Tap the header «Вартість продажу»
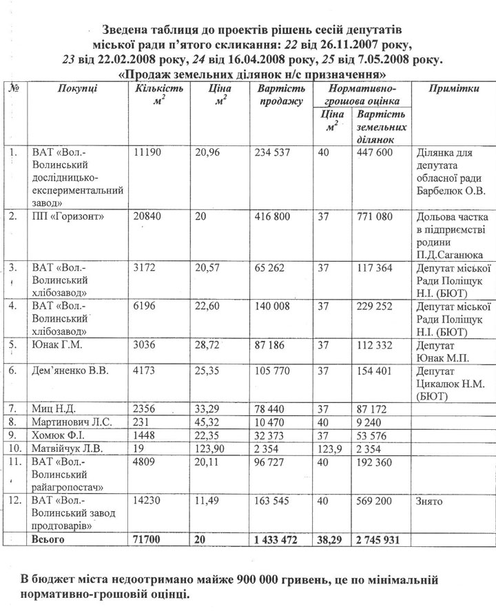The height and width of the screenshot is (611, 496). (280, 96)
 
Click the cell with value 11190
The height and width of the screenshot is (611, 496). (148, 152)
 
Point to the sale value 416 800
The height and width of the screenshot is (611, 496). (273, 216)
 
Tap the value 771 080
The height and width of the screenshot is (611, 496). (375, 216)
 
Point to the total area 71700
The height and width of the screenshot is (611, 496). (152, 540)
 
